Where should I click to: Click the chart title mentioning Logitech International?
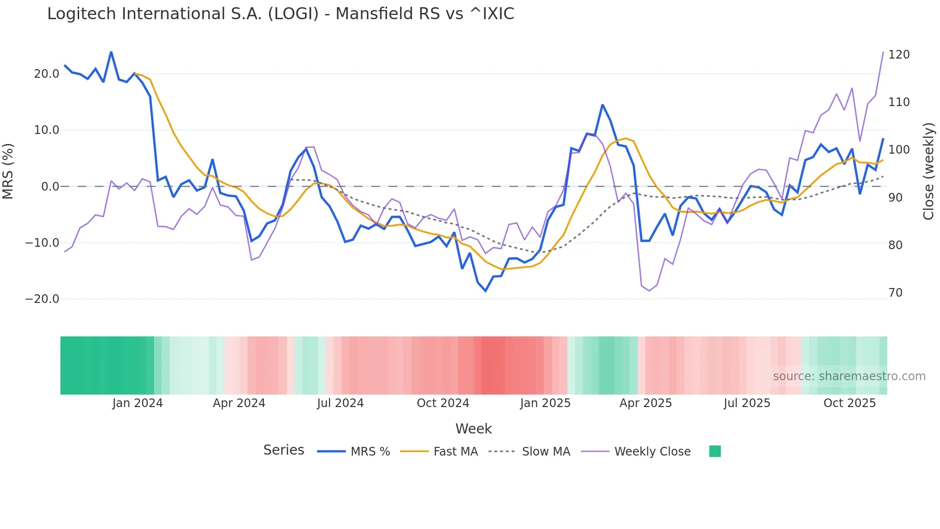click(x=281, y=14)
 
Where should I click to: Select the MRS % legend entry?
click(x=370, y=452)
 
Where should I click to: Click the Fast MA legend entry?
click(x=455, y=452)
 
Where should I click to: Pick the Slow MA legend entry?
click(x=546, y=452)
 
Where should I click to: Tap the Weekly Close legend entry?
click(x=652, y=452)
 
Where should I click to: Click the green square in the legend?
click(x=715, y=451)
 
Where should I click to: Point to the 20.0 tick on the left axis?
click(x=47, y=74)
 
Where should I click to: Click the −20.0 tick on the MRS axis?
click(x=42, y=299)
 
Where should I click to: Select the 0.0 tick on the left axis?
click(x=50, y=187)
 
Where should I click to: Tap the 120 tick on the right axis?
click(x=899, y=55)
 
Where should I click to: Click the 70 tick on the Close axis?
click(x=895, y=293)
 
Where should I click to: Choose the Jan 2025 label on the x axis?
click(x=545, y=403)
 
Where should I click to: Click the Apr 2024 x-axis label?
click(x=239, y=403)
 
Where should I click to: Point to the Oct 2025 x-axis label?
click(x=849, y=403)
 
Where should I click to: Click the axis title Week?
click(x=473, y=429)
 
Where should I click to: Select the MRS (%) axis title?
click(x=8, y=171)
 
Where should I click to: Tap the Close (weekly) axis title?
click(x=928, y=171)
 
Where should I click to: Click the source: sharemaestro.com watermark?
click(x=849, y=376)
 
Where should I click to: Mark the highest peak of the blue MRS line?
click(x=111, y=52)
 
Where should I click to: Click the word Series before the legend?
click(x=283, y=450)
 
